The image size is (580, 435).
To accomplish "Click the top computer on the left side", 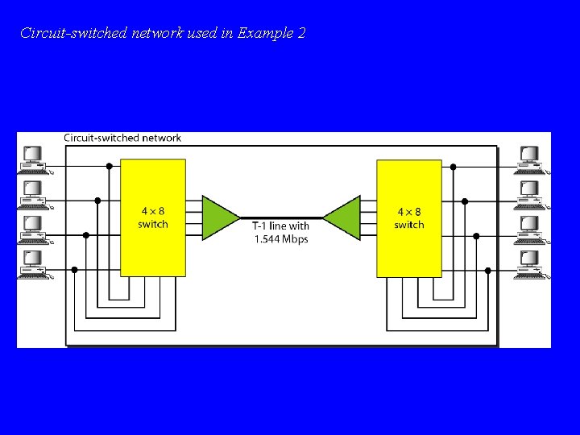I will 34,159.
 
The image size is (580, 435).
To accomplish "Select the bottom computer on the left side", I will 34,265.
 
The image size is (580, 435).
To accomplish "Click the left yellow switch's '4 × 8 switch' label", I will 152,217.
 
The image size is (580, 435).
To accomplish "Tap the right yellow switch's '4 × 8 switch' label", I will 408,217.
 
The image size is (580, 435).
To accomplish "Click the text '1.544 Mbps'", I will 281,239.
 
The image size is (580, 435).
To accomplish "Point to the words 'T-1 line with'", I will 281,226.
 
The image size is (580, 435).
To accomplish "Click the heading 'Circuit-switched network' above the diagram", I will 122,138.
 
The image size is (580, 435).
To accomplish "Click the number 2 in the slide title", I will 301,34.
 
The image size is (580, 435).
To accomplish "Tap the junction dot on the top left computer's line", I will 110,167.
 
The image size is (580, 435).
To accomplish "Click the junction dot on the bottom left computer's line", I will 74,270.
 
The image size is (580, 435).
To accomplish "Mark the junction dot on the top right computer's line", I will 453,167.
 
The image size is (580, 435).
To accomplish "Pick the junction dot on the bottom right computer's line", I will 487,270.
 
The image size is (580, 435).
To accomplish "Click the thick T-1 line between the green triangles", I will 281,217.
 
